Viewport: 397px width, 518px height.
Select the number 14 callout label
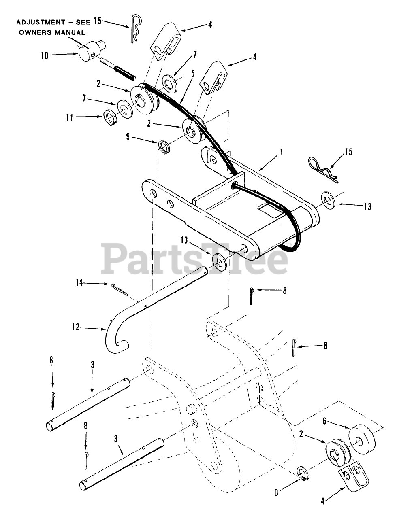pos(79,283)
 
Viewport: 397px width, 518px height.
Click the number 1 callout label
pos(282,152)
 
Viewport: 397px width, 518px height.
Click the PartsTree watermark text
pos(194,259)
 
